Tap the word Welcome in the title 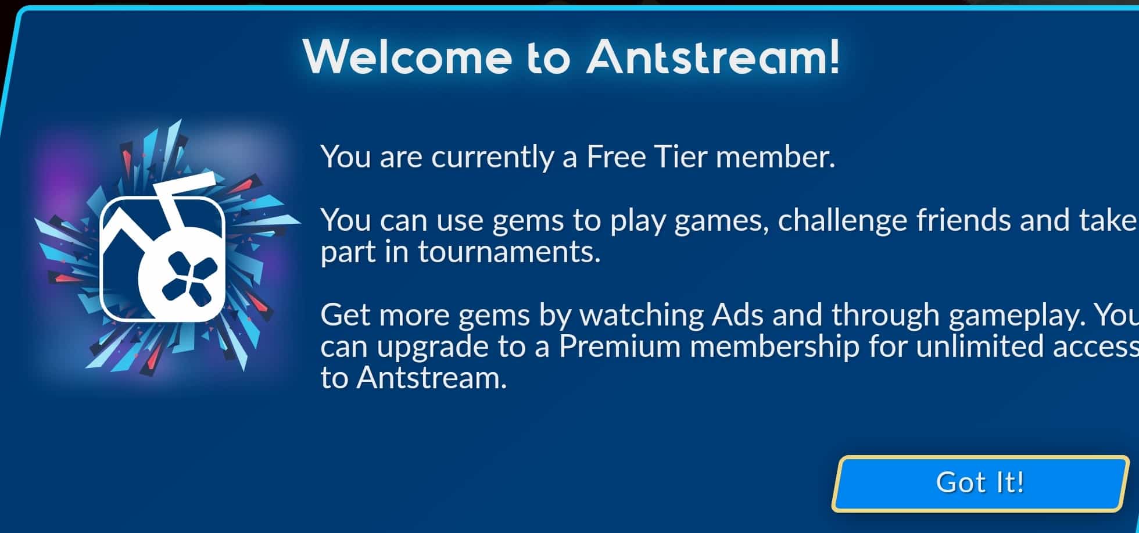point(407,57)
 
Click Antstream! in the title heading point(714,57)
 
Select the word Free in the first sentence point(616,157)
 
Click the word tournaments point(508,252)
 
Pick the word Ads point(738,315)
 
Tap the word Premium point(619,347)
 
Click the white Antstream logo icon point(162,259)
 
